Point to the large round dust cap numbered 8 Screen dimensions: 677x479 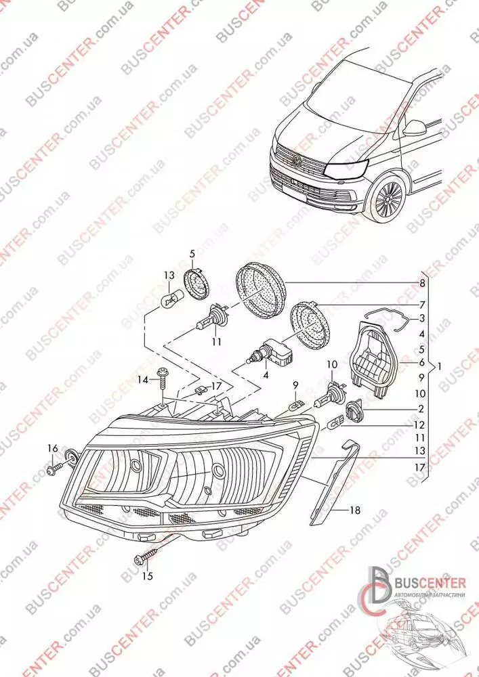tap(262, 289)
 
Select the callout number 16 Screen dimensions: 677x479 tap(53, 447)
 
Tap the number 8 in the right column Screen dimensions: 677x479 tap(421, 282)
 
